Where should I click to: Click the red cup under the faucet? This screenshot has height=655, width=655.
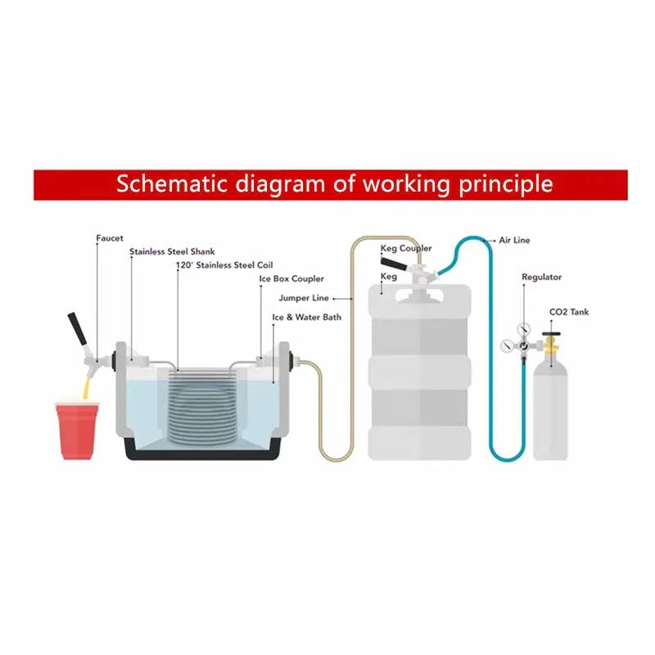tap(77, 431)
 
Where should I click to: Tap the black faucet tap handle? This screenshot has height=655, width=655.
tap(77, 329)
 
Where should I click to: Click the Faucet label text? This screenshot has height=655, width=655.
tap(110, 238)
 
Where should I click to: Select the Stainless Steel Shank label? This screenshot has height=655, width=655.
tap(172, 251)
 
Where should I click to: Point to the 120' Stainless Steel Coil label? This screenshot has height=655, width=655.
tap(224, 264)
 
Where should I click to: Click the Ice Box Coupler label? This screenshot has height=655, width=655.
tap(291, 278)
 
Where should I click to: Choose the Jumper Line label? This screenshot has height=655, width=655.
tap(304, 298)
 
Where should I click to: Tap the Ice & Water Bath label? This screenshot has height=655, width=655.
tap(306, 317)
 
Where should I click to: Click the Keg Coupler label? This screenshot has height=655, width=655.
tap(406, 248)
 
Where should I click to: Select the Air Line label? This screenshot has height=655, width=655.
tap(514, 240)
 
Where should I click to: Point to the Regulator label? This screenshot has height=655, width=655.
tap(541, 277)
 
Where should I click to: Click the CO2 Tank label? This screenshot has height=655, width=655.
tap(569, 312)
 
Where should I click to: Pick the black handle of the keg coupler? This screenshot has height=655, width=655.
tap(393, 264)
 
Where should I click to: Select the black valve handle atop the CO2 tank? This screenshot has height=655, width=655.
tap(551, 334)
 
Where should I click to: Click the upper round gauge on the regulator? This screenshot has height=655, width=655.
tap(523, 329)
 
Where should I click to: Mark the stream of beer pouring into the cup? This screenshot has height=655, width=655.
tap(87, 387)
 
